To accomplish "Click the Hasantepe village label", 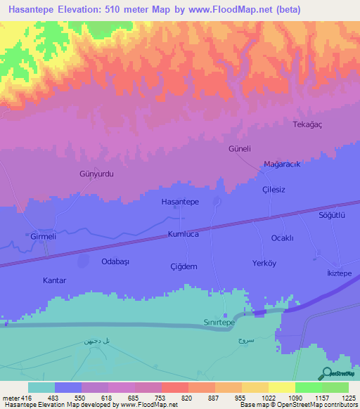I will point(180,202).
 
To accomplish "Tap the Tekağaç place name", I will point(307,124).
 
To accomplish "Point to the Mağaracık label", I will point(282,164).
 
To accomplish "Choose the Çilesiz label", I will point(273,190).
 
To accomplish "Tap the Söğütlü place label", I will point(333,216).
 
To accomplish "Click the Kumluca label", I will point(184,234).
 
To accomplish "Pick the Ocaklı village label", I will point(282,238).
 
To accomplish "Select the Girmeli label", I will point(43,238).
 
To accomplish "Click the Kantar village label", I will point(54,280).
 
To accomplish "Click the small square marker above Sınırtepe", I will point(225,314).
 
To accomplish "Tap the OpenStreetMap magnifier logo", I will point(327,373).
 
